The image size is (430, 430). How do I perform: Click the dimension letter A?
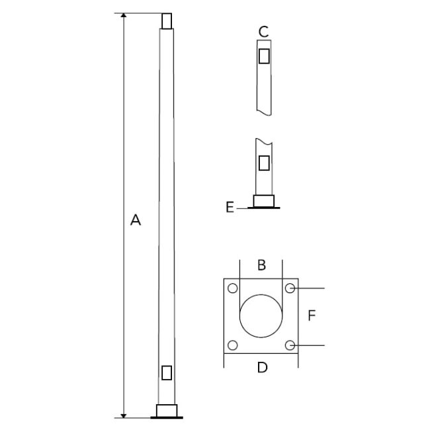coord(136,220)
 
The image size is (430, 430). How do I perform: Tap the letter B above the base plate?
coord(261,265)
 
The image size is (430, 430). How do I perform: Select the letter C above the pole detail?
coord(263,32)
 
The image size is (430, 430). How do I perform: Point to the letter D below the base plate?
coord(262,367)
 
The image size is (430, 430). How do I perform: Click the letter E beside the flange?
coord(230,207)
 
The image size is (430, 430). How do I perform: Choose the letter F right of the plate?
coord(312,316)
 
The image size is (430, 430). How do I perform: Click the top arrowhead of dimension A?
coord(124,15)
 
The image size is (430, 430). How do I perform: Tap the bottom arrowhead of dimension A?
coord(124,415)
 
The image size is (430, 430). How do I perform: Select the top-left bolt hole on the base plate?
coord(233,288)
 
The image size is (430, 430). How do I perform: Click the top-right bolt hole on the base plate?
coord(290,288)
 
